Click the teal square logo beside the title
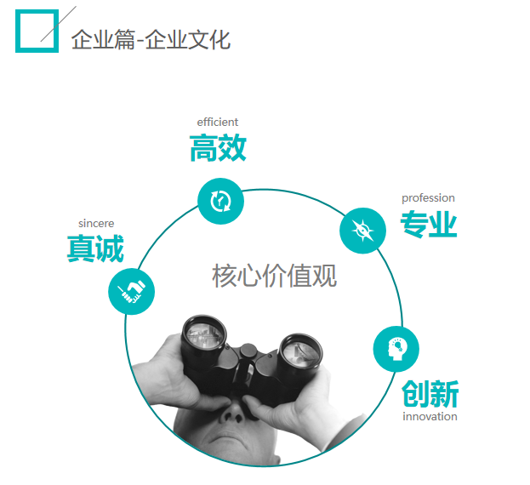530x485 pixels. pos(37,31)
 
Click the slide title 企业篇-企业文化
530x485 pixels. pos(151,39)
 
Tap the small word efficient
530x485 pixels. pos(217,122)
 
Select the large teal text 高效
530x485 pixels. pos(218,148)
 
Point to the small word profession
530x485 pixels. pos(428,197)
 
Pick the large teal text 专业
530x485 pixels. pos(429,225)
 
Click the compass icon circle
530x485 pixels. pos(362,230)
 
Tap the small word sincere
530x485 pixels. pos(96,223)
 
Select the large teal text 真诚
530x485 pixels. pos(95,249)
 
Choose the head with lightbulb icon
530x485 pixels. pos(396,349)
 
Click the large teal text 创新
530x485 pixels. pos(430,394)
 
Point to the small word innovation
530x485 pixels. pos(430,417)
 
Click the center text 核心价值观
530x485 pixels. pos(274,276)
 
